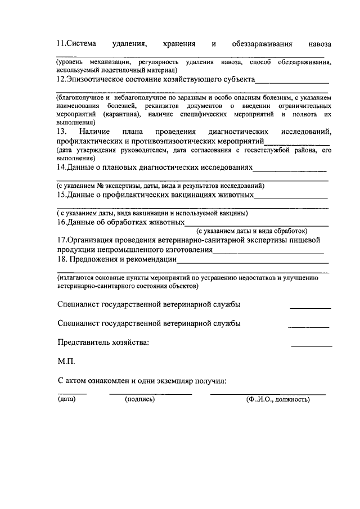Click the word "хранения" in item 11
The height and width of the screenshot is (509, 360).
pos(179,43)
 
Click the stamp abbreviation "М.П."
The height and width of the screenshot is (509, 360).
pos(67,362)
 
